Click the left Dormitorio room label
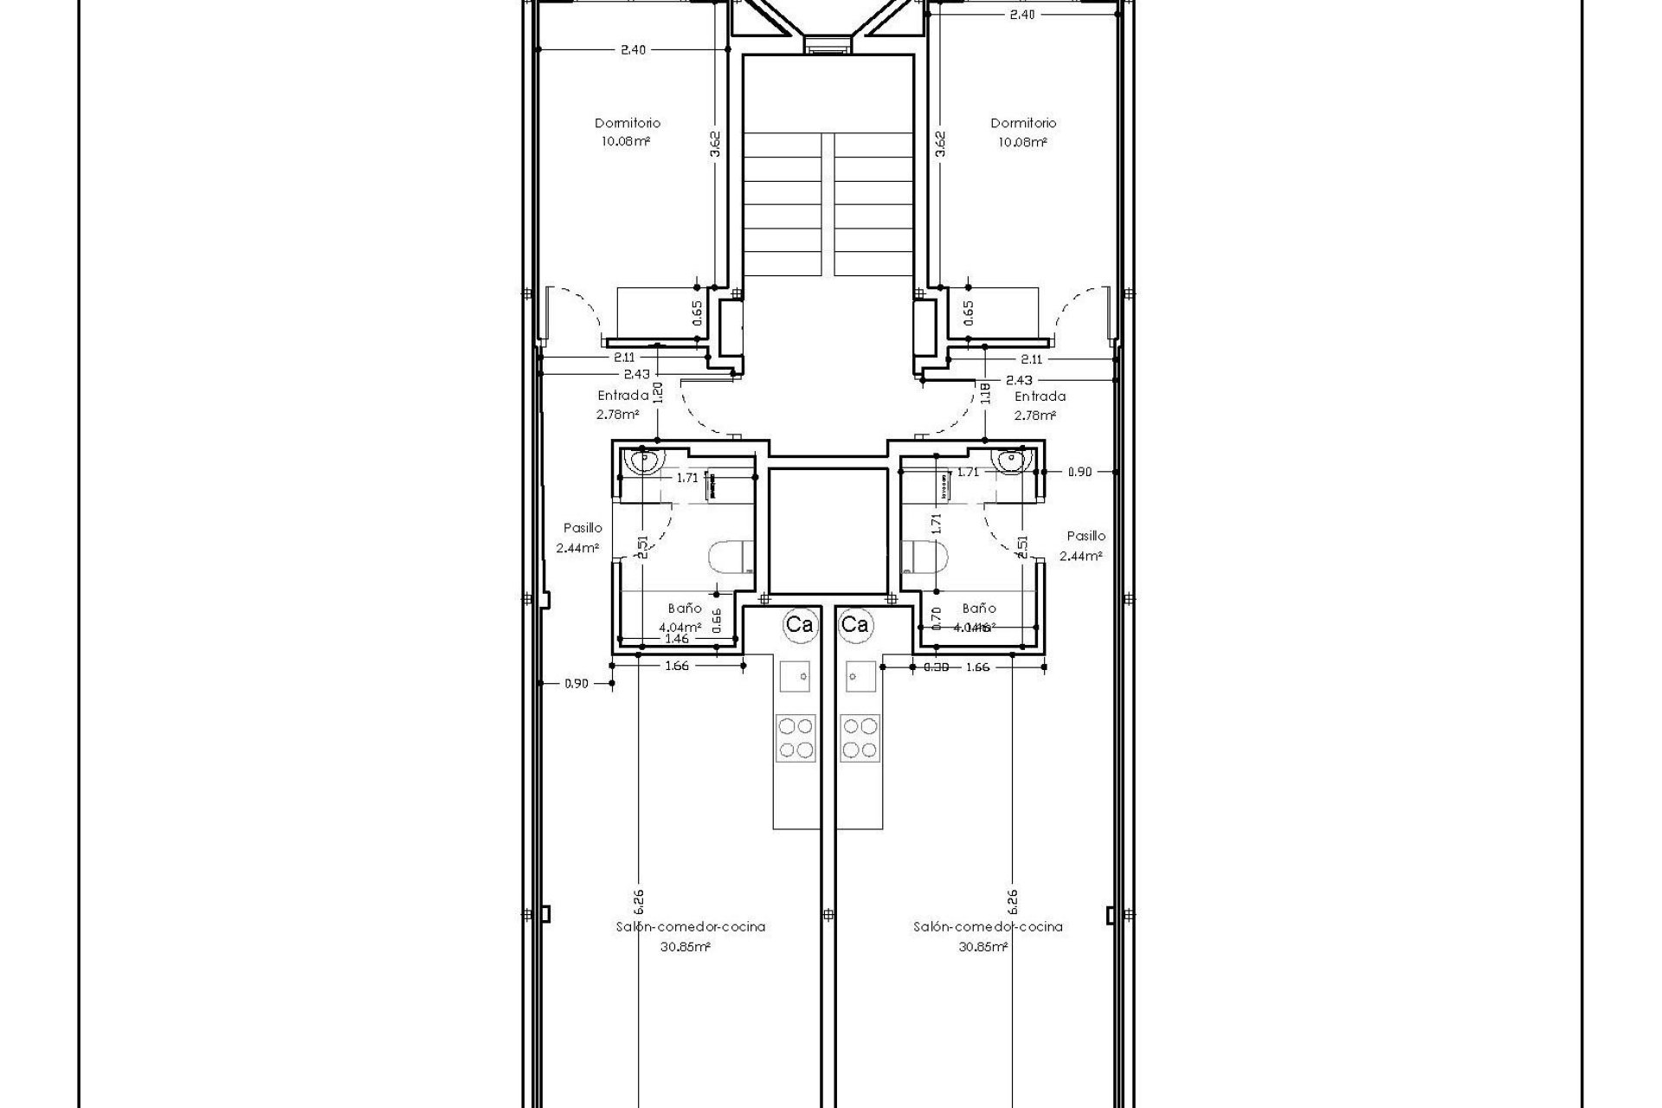pyautogui.click(x=627, y=123)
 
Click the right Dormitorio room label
pyautogui.click(x=1023, y=123)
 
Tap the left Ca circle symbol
pyautogui.click(x=798, y=624)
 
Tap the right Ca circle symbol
pyautogui.click(x=854, y=624)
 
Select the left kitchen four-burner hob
pyautogui.click(x=796, y=738)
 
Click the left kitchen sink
pyautogui.click(x=796, y=675)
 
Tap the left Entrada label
pyautogui.click(x=622, y=396)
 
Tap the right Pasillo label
pyautogui.click(x=1085, y=536)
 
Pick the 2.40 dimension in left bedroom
pyautogui.click(x=633, y=49)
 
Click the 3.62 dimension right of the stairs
pyautogui.click(x=941, y=143)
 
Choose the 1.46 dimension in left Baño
pyautogui.click(x=676, y=639)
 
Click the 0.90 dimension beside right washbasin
pyautogui.click(x=1079, y=472)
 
